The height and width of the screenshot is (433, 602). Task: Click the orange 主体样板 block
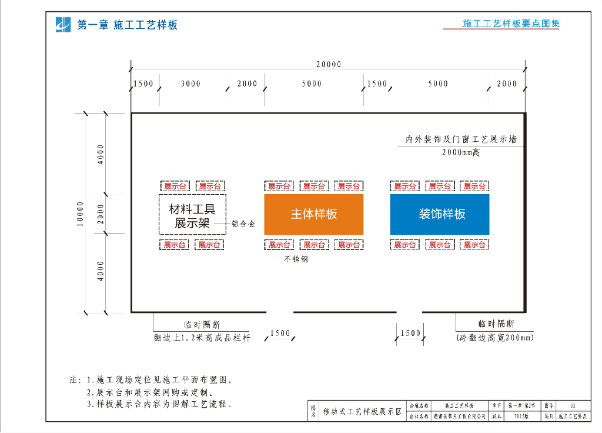pos(314,214)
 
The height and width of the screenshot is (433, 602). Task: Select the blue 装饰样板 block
pos(440,214)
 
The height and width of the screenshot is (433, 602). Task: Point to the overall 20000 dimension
pos(328,64)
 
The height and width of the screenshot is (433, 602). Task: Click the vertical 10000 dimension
pos(80,214)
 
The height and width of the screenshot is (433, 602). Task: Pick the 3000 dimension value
pos(190,84)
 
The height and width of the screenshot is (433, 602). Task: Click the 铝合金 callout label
pos(243,224)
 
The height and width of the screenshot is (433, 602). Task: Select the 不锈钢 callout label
pos(296,259)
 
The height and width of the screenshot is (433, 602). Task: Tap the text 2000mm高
pos(461,152)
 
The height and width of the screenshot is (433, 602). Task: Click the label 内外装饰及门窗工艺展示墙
pos(461,140)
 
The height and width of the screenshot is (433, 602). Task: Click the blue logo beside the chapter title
pos(63,25)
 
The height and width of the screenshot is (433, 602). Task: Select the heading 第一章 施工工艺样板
pos(127,25)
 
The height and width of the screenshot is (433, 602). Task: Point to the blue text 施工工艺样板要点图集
pos(511,24)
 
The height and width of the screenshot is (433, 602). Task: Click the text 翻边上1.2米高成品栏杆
pos(202,338)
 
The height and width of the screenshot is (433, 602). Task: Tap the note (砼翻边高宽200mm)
pos(495,338)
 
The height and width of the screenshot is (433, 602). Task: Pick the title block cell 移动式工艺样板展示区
pos(362,411)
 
